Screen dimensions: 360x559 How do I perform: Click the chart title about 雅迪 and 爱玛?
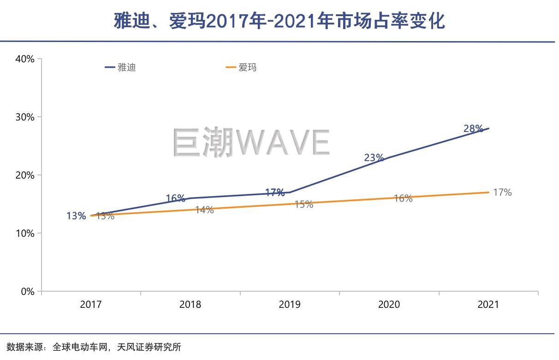(x=279, y=21)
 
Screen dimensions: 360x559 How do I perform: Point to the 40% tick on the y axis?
(x=25, y=59)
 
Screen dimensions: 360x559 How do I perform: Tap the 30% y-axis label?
(x=25, y=117)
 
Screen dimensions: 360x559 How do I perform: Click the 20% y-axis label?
(x=25, y=175)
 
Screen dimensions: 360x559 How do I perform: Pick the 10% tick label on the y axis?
(x=25, y=234)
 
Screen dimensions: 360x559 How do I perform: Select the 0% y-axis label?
(x=27, y=292)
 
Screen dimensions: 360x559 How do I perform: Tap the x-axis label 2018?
(x=190, y=305)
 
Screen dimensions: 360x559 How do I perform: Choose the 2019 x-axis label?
(x=290, y=305)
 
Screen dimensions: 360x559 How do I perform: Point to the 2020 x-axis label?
(x=389, y=305)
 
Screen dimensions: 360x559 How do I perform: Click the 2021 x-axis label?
(x=488, y=305)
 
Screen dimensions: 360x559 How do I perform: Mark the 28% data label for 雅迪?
(x=473, y=129)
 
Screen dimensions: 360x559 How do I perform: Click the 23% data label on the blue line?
(x=374, y=158)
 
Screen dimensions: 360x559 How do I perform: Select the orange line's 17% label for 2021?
(x=502, y=192)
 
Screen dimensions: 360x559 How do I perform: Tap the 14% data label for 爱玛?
(x=204, y=210)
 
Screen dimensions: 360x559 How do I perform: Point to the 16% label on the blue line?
(x=175, y=198)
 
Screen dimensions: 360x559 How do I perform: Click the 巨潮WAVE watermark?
(x=251, y=142)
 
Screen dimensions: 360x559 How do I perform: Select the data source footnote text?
(x=94, y=347)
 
